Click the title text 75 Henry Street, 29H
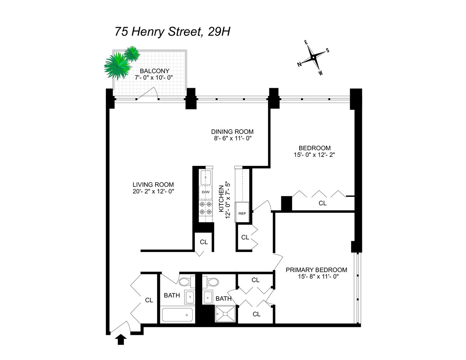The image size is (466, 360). (172, 32)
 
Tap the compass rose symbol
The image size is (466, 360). (314, 57)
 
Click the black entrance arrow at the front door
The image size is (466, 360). (122, 339)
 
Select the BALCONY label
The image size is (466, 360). (154, 71)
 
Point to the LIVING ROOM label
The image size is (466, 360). (153, 185)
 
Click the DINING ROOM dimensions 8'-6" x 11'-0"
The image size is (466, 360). (232, 139)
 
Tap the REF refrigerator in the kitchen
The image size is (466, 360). (242, 213)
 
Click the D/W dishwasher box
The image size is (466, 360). (206, 192)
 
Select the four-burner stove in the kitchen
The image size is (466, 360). (206, 208)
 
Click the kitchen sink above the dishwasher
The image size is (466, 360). (206, 177)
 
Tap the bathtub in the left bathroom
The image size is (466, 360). (177, 314)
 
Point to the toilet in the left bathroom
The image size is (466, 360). (186, 282)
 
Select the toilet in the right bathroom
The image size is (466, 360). (211, 282)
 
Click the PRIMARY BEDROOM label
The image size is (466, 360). (316, 270)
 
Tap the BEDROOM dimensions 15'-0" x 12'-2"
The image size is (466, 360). (314, 155)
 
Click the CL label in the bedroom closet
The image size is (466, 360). (322, 203)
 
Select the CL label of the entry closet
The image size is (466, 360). (149, 300)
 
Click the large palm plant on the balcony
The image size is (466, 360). (117, 66)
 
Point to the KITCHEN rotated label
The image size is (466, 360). (221, 198)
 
